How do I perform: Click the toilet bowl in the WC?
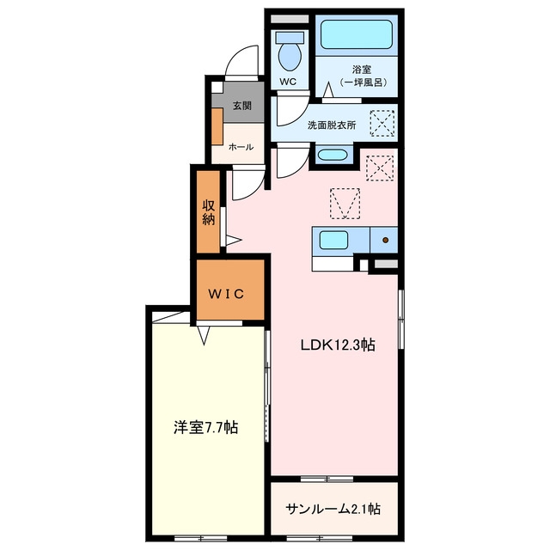click(x=290, y=57)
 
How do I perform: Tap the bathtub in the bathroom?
click(x=356, y=34)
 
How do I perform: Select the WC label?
click(x=288, y=82)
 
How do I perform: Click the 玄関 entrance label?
click(x=242, y=105)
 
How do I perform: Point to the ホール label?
click(x=241, y=147)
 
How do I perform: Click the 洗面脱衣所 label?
click(x=332, y=125)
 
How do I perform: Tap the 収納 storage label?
click(x=208, y=212)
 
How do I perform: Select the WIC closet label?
click(x=226, y=294)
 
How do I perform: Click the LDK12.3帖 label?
click(x=338, y=345)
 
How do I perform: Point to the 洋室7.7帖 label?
click(x=206, y=428)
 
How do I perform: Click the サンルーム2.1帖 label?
click(x=333, y=509)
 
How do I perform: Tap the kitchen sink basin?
click(x=333, y=241)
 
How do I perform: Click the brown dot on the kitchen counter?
click(x=386, y=240)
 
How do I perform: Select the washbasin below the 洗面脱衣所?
click(x=332, y=155)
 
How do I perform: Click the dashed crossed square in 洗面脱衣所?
click(x=382, y=123)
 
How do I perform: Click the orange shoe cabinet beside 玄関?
click(x=217, y=126)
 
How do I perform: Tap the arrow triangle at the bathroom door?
click(x=328, y=89)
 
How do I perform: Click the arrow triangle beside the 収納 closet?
click(x=233, y=241)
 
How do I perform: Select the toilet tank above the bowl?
click(x=290, y=38)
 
